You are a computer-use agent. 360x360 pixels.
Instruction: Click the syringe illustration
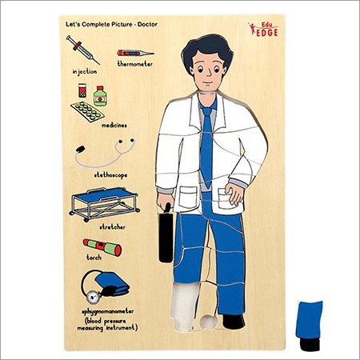[x=82, y=50]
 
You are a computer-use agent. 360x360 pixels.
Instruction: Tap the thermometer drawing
[x=135, y=53]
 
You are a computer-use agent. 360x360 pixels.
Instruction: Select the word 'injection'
[x=85, y=72]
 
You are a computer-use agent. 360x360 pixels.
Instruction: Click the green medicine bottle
[x=100, y=96]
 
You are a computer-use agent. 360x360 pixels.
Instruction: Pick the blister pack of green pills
[x=87, y=111]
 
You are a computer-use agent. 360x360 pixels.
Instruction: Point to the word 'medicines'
[x=114, y=125]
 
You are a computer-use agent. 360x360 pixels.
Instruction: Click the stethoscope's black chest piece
[x=80, y=150]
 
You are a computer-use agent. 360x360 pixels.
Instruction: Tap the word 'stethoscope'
[x=110, y=175]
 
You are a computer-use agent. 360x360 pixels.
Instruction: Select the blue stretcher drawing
[x=104, y=204]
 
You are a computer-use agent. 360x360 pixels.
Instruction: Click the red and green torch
[x=102, y=247]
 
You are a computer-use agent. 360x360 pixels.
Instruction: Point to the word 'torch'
[x=94, y=258]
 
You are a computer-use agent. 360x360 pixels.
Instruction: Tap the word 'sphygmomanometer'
[x=108, y=312]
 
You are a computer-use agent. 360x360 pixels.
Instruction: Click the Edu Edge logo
[x=264, y=29]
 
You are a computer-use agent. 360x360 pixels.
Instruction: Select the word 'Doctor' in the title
[x=147, y=24]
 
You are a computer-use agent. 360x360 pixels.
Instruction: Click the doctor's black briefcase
[x=166, y=234]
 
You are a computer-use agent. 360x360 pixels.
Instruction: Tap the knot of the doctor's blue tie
[x=206, y=111]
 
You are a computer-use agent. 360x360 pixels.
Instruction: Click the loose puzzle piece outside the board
[x=310, y=326]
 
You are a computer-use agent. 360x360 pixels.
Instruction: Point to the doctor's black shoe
[x=234, y=322]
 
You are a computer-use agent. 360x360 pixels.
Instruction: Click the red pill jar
[x=82, y=90]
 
